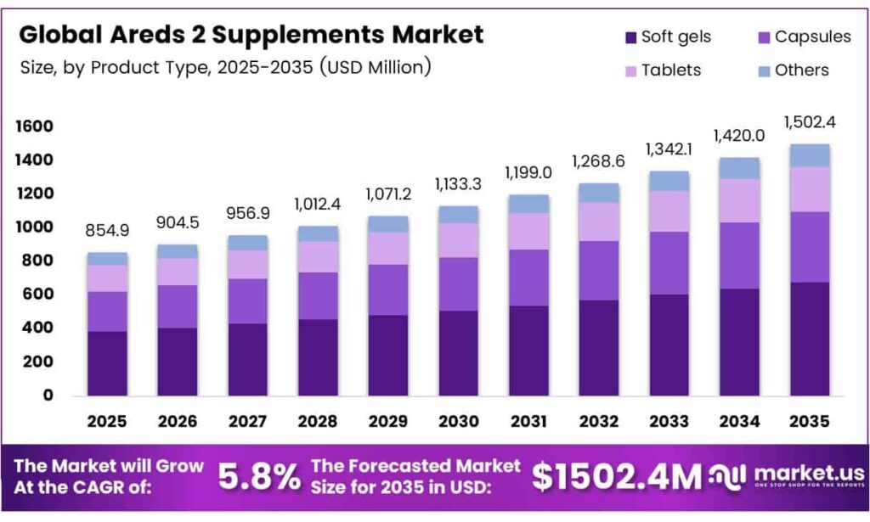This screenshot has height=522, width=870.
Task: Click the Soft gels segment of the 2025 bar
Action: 107,362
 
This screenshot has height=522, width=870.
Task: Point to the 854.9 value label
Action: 107,231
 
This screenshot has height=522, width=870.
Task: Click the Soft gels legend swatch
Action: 630,37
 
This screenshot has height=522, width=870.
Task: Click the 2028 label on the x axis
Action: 319,421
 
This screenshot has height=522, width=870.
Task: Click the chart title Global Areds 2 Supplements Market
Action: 251,35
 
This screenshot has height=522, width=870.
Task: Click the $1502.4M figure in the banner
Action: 617,476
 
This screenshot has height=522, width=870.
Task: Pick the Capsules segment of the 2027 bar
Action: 248,301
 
